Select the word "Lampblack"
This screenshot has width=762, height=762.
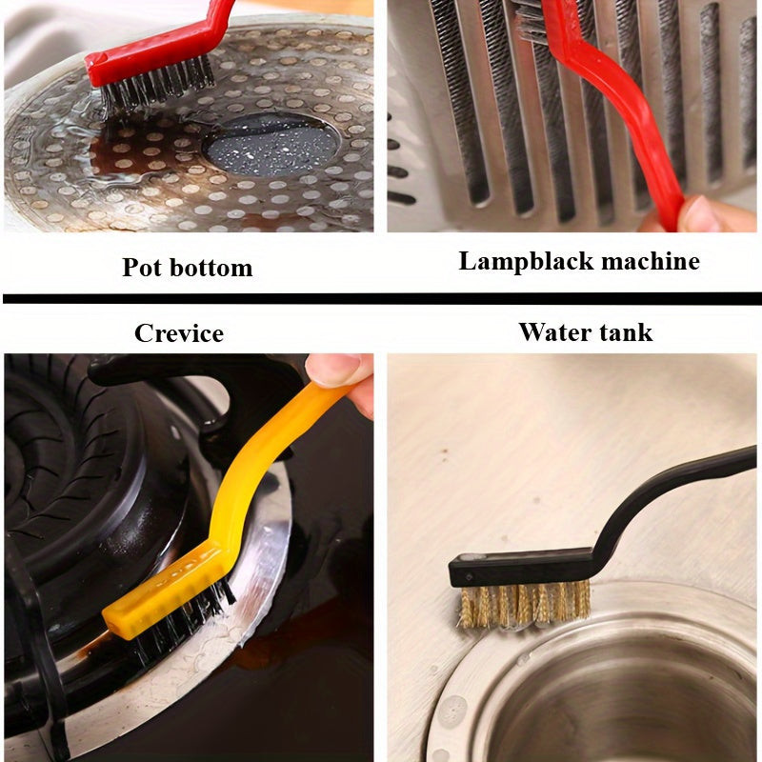pyautogui.click(x=527, y=261)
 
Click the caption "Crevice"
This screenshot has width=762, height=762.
pyautogui.click(x=179, y=333)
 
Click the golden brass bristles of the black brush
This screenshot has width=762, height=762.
pyautogui.click(x=525, y=604)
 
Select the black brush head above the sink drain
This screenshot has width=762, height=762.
pyautogui.click(x=521, y=566)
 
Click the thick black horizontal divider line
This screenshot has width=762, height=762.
pyautogui.click(x=382, y=298)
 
